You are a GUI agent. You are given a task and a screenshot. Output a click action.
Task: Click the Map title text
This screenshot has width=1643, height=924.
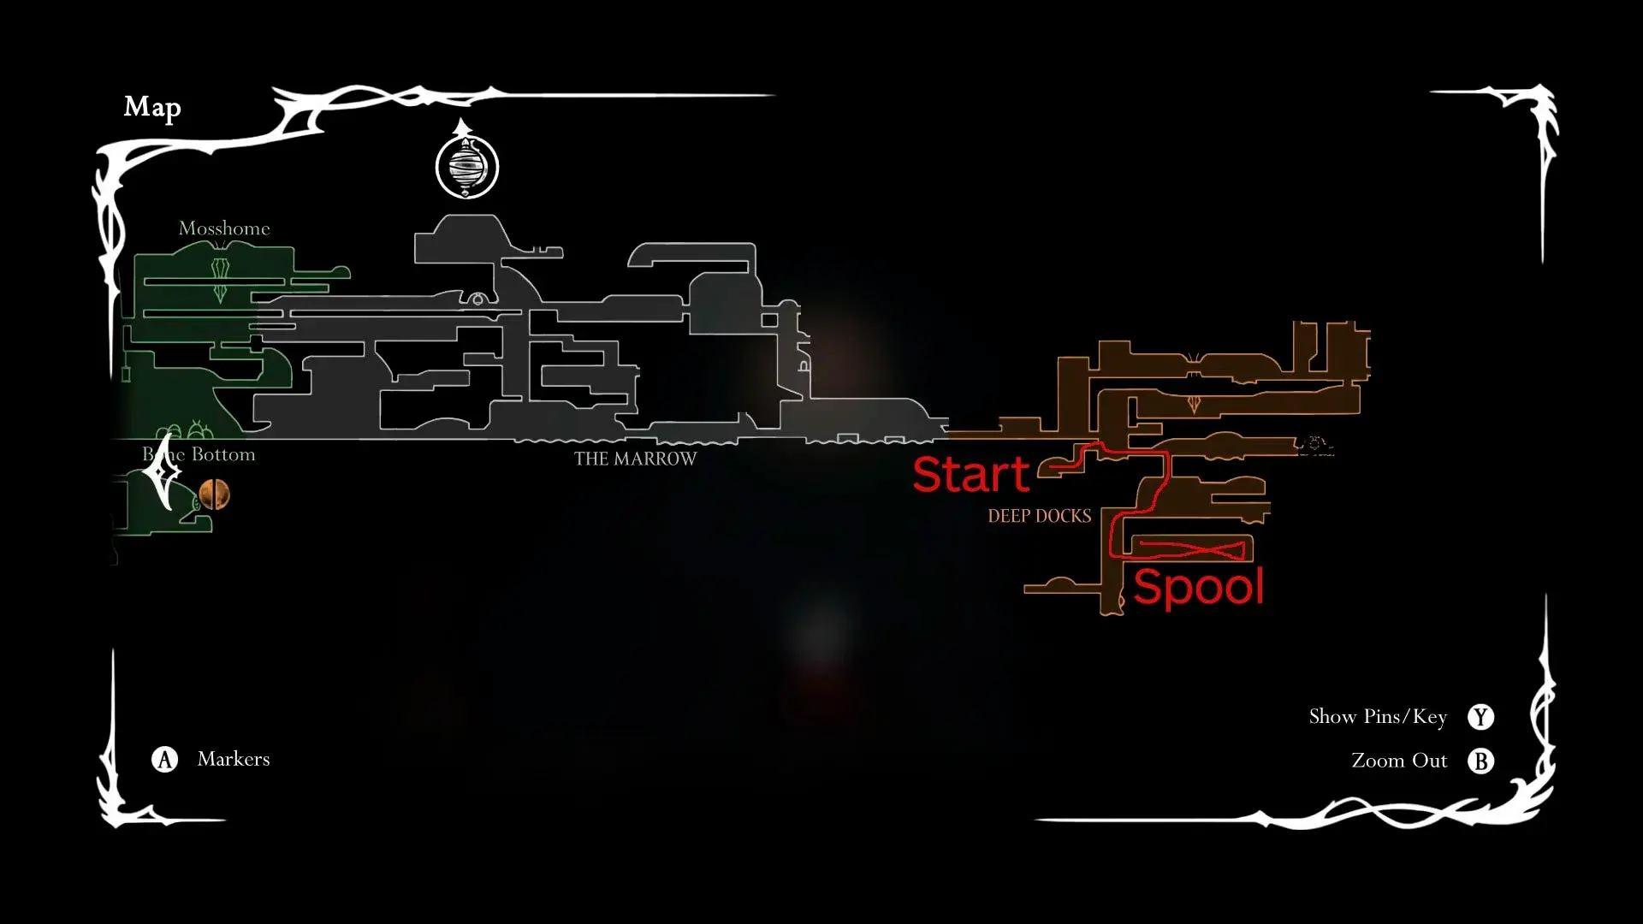(x=152, y=107)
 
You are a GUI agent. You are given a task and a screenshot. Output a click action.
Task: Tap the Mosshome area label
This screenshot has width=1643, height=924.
(x=224, y=228)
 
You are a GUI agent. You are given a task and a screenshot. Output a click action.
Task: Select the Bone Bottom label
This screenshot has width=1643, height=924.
(x=199, y=454)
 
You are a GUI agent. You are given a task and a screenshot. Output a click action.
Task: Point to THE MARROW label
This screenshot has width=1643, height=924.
(x=635, y=459)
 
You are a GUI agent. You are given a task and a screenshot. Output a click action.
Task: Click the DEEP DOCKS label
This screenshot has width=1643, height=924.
(x=1040, y=516)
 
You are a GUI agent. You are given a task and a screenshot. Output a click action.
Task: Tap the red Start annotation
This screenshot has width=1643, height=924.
(x=971, y=474)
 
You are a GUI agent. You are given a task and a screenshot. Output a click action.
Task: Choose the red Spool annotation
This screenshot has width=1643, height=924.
(x=1198, y=588)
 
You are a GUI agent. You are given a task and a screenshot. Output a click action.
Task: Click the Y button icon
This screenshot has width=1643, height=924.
(x=1480, y=717)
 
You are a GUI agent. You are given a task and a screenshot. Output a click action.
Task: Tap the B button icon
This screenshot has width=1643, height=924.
(x=1480, y=761)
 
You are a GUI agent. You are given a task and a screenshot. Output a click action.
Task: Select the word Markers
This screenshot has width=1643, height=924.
(x=234, y=759)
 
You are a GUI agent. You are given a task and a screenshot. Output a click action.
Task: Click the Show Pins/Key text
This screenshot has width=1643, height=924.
(x=1378, y=717)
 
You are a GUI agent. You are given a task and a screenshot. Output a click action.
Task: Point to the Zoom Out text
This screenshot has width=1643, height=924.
(x=1399, y=761)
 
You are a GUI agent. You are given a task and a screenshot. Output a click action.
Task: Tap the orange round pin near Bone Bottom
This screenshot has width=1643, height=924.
(x=214, y=494)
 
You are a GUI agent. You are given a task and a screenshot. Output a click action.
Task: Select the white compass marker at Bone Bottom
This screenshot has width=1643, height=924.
(x=162, y=471)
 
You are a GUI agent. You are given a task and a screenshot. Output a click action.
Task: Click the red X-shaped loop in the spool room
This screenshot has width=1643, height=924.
(x=1192, y=549)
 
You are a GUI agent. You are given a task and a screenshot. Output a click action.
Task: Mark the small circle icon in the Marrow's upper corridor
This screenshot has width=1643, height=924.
(x=477, y=299)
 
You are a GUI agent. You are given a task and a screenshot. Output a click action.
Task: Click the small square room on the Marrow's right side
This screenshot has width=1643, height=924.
(x=769, y=320)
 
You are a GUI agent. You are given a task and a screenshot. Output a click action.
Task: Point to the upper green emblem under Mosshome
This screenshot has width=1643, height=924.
(x=221, y=269)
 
